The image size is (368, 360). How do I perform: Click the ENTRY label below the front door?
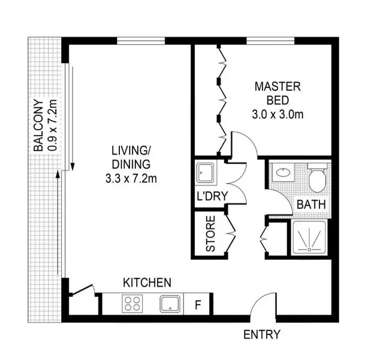(x=262, y=334)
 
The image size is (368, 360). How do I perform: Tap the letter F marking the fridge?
(x=198, y=305)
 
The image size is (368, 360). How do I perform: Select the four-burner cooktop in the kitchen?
(x=132, y=304)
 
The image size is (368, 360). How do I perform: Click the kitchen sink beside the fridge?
(x=170, y=304)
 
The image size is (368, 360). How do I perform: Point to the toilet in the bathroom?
(x=317, y=178)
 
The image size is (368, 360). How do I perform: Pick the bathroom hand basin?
(x=283, y=172)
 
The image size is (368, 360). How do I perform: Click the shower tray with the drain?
(x=309, y=238)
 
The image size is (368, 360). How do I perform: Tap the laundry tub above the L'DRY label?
(x=205, y=173)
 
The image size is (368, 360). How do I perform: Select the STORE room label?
(x=210, y=234)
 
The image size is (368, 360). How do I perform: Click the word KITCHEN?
(x=147, y=283)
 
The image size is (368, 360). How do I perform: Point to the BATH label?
(x=311, y=205)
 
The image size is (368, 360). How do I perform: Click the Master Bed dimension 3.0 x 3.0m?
(x=277, y=115)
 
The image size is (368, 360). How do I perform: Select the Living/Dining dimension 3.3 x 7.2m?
(x=131, y=179)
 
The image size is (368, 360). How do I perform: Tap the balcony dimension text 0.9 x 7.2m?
(x=52, y=125)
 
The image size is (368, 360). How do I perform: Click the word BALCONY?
(x=38, y=125)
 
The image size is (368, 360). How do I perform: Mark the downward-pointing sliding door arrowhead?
(x=73, y=167)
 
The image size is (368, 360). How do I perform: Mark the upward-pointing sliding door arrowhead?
(x=58, y=175)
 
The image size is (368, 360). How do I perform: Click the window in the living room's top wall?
(x=141, y=41)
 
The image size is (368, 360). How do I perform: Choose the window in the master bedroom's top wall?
(x=270, y=41)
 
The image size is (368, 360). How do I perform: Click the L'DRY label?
(x=212, y=196)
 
